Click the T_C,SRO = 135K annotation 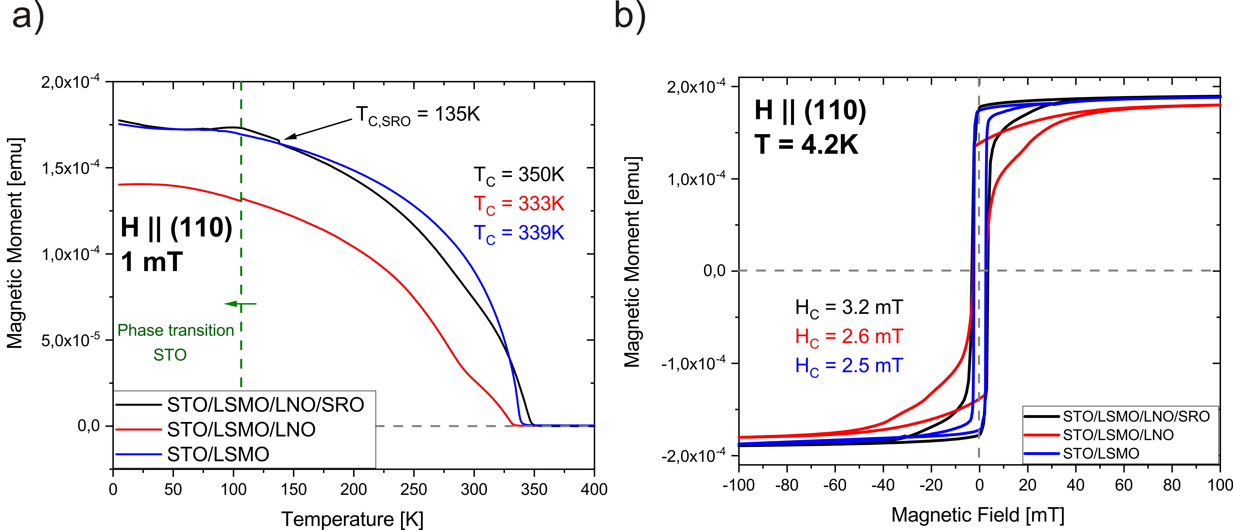417,115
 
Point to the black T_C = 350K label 519,175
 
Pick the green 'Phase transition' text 176,330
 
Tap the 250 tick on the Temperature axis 414,489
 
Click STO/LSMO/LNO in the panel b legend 1118,435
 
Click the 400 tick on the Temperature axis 594,489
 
